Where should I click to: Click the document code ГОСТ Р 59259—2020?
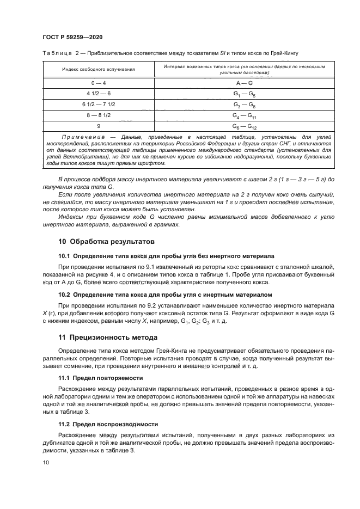coord(72,37)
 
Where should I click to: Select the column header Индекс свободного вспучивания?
coord(98,69)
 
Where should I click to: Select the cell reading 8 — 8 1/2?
coord(98,115)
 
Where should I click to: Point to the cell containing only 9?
coord(98,126)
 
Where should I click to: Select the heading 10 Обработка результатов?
coord(106,241)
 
